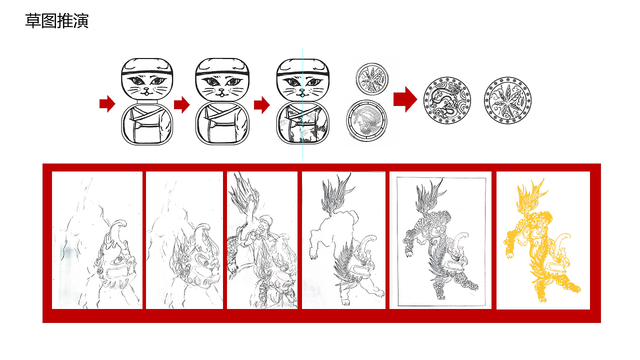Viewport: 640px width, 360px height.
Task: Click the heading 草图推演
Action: tap(57, 21)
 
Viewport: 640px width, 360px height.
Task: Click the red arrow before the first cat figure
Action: tap(107, 103)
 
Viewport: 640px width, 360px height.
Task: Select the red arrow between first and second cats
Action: tap(182, 104)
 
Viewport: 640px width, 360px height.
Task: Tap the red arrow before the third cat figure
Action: tap(262, 105)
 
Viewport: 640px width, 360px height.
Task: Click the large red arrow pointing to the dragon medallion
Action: tap(405, 99)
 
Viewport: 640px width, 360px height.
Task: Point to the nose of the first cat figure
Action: tap(146, 89)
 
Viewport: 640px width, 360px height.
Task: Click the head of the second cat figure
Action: tap(222, 79)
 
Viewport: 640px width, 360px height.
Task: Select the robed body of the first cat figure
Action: tap(147, 124)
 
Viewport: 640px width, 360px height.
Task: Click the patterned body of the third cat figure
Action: tap(303, 123)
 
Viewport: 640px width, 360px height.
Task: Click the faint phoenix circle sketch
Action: tap(366, 120)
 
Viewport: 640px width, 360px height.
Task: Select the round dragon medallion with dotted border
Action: tap(447, 100)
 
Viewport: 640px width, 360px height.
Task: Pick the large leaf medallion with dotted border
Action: tap(507, 100)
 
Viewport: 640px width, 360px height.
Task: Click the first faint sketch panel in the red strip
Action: tap(97, 240)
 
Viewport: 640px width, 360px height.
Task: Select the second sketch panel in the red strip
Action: tap(184, 240)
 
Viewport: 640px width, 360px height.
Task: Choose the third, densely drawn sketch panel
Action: tap(262, 240)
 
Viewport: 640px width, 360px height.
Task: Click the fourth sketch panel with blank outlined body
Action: tap(343, 240)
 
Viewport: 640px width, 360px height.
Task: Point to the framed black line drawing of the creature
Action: tap(440, 240)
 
